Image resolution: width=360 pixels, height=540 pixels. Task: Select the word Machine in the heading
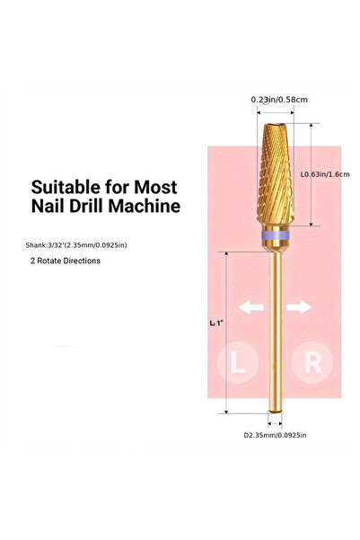(x=145, y=206)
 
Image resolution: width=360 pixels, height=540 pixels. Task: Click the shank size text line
(x=76, y=245)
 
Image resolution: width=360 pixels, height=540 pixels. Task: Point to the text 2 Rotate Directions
(x=66, y=261)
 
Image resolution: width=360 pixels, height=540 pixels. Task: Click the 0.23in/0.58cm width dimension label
(x=279, y=100)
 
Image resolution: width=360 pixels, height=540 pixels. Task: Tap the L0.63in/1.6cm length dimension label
(x=325, y=174)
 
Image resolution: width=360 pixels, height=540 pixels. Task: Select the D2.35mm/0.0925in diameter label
(x=275, y=435)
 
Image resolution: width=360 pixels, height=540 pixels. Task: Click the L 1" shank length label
(x=216, y=323)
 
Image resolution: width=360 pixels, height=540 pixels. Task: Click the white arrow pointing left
(x=250, y=307)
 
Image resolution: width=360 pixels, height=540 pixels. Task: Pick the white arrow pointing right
(x=300, y=307)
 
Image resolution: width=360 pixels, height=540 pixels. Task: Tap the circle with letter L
(x=238, y=363)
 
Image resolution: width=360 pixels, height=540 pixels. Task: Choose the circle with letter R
(x=312, y=362)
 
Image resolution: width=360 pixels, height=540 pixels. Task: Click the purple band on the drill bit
(x=275, y=236)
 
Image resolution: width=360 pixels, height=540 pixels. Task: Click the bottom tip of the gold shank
(x=275, y=412)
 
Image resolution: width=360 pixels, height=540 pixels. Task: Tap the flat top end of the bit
(x=275, y=125)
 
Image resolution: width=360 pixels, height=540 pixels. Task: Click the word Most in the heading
(x=155, y=187)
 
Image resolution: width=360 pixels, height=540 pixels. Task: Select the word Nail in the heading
(x=48, y=206)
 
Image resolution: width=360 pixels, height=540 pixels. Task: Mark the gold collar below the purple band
(x=275, y=246)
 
